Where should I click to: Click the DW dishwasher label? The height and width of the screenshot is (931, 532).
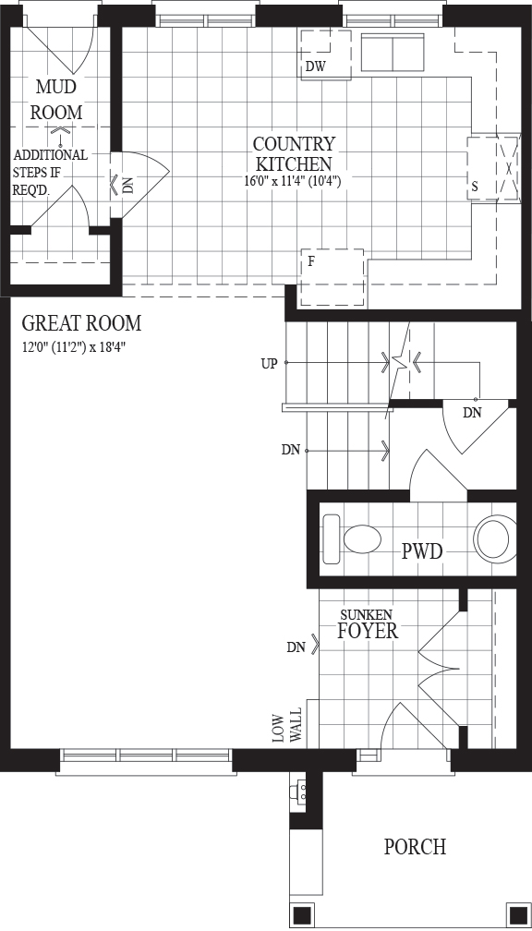click(316, 66)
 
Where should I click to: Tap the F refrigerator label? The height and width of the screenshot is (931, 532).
click(310, 261)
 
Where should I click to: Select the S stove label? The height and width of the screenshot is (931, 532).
click(475, 187)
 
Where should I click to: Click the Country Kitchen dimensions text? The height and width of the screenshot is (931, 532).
click(292, 181)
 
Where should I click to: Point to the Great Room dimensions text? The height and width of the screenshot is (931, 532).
click(74, 346)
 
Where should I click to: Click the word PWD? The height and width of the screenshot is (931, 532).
click(422, 551)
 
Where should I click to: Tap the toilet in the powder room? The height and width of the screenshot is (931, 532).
click(352, 539)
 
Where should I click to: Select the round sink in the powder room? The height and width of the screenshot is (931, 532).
click(494, 539)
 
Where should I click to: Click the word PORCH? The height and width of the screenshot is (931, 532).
click(415, 847)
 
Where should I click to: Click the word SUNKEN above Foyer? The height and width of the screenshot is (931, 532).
click(367, 614)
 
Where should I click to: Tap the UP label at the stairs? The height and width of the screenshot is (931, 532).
click(269, 364)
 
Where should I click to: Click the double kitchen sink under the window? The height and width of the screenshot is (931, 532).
click(393, 53)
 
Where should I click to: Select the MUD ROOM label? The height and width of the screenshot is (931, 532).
click(56, 99)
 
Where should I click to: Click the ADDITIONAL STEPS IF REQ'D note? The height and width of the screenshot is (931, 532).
click(50, 172)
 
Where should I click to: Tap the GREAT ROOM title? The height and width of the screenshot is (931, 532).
click(81, 323)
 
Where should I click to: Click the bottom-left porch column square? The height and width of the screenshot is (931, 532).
click(302, 913)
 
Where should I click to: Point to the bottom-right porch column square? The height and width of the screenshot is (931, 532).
click(517, 913)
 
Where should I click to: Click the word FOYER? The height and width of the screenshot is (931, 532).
click(368, 631)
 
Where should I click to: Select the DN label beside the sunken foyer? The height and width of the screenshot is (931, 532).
click(296, 647)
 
